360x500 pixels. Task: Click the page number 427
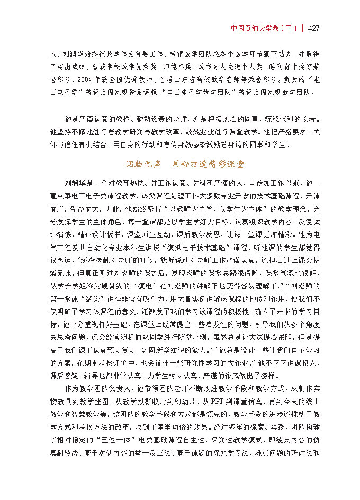(x=313, y=28)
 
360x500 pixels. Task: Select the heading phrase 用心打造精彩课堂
(x=209, y=164)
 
